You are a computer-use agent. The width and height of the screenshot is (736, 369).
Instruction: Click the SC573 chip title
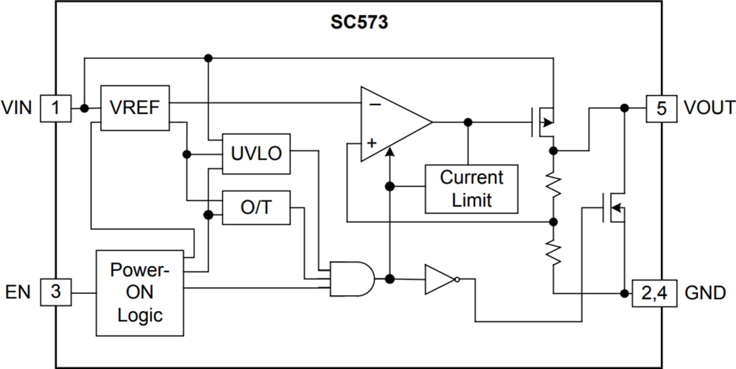359,23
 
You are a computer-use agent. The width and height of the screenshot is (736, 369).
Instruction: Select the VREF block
135,108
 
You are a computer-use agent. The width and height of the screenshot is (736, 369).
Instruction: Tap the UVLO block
256,153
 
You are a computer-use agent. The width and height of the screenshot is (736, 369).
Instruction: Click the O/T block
256,207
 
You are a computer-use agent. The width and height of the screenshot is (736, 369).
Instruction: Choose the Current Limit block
471,188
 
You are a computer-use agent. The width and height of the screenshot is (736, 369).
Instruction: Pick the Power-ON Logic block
140,293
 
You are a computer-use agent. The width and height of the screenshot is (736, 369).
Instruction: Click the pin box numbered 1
56,108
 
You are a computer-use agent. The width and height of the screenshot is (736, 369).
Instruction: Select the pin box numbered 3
56,292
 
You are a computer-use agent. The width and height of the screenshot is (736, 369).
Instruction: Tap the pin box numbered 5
662,108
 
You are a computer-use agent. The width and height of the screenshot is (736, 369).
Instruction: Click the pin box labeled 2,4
654,293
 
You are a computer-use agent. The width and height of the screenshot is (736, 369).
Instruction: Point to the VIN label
17,108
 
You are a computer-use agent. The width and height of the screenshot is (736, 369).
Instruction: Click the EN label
18,292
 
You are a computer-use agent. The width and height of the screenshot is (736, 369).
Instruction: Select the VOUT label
709,108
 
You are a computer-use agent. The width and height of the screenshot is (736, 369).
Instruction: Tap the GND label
705,293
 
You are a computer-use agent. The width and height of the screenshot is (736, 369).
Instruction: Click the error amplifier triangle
392,124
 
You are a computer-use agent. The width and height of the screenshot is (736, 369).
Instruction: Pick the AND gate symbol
352,279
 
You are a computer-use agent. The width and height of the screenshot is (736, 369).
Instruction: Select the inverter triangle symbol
440,279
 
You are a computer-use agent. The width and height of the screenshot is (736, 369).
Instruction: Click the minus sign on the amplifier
374,104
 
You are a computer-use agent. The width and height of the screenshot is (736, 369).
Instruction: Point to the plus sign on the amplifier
372,144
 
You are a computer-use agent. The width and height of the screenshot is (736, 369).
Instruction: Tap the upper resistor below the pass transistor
553,185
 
